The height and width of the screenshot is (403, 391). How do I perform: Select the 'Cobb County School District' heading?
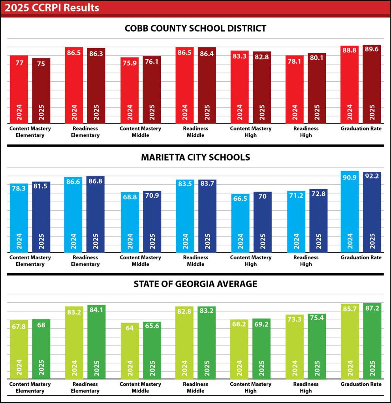coord(195,28)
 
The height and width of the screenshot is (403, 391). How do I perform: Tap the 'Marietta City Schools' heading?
coord(195,157)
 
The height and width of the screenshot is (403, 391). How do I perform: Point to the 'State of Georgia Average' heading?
coord(195,284)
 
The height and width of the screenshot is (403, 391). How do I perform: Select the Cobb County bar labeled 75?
coord(41,91)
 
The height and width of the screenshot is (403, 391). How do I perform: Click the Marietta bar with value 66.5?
coord(240,223)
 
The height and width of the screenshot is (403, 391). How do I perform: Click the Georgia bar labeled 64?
coord(130,351)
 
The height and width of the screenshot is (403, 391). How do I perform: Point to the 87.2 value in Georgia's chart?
coord(372,308)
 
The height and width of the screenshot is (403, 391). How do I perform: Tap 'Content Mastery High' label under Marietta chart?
coord(250,261)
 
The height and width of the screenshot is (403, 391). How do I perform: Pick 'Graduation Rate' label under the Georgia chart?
coord(361,384)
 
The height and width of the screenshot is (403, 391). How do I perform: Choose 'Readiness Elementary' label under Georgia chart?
coord(85,387)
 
